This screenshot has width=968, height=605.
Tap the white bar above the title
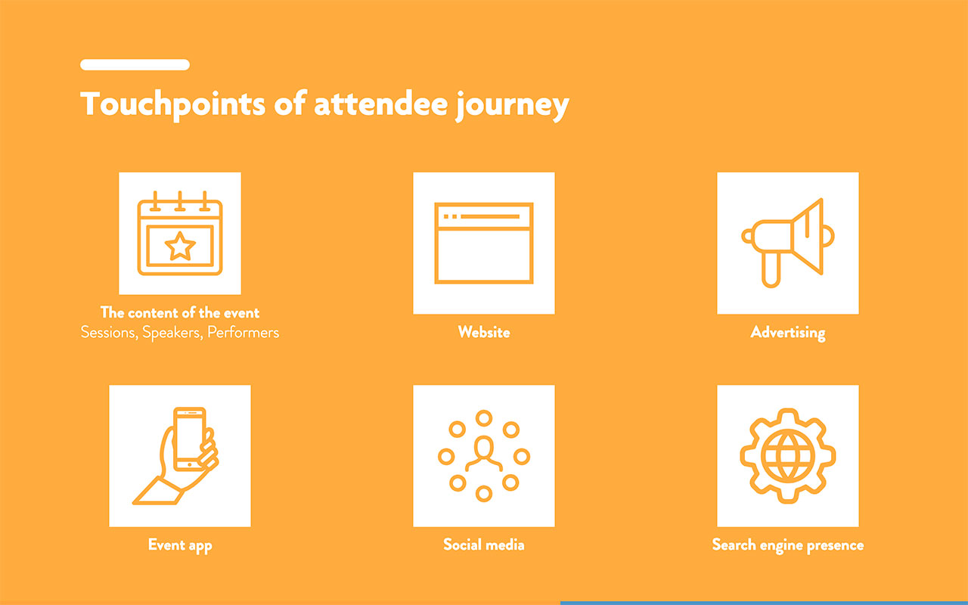[x=135, y=65]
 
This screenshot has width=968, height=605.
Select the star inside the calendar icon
[x=180, y=246]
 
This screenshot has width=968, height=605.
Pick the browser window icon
[x=484, y=243]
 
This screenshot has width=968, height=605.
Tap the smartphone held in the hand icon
[x=189, y=439]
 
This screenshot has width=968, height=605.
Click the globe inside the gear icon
[x=787, y=456]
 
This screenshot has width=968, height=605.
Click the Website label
[x=484, y=332]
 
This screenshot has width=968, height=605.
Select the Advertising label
[x=787, y=332]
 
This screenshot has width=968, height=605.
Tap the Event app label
[x=180, y=545]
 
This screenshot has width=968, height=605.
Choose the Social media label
[x=484, y=544]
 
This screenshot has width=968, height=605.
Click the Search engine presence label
[x=787, y=544]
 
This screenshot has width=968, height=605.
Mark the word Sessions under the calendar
[x=107, y=333]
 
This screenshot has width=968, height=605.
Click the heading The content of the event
[x=180, y=312]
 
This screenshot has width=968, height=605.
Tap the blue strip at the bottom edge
[x=764, y=602]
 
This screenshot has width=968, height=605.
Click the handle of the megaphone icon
[x=770, y=270]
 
